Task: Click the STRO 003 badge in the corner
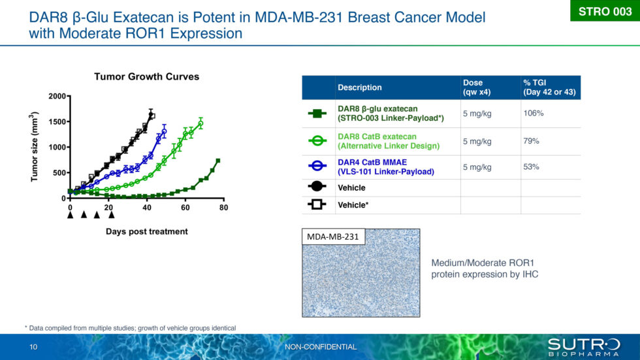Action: (x=605, y=11)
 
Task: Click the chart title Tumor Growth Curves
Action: (x=146, y=76)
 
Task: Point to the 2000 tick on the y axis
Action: (x=57, y=97)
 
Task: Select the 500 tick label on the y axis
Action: (x=59, y=173)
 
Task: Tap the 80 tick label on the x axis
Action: (x=223, y=208)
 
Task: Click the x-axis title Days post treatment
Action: (x=146, y=231)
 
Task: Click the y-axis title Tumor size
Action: (x=35, y=147)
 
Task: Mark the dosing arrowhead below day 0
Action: (x=70, y=215)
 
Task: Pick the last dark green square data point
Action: (x=218, y=161)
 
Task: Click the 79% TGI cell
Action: (x=531, y=141)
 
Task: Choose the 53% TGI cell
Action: (x=531, y=167)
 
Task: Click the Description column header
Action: (x=359, y=88)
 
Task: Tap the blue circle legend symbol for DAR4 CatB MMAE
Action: (x=317, y=167)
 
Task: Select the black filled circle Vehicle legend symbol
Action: (x=317, y=188)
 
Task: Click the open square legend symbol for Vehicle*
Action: (x=317, y=205)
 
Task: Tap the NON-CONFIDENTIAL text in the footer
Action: (x=321, y=347)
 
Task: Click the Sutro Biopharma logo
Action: (x=583, y=347)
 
